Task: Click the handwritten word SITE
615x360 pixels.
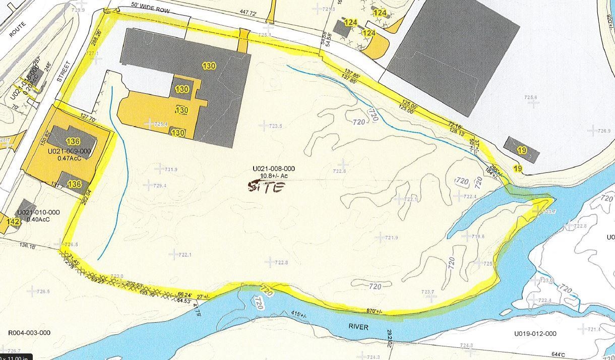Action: [x=266, y=187]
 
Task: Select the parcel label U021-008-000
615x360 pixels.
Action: [x=274, y=169]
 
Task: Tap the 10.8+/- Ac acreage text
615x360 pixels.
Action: [x=274, y=176]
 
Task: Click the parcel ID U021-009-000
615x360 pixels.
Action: [x=69, y=151]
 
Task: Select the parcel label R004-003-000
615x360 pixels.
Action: [x=29, y=333]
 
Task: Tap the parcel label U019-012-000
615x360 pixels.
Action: [x=535, y=334]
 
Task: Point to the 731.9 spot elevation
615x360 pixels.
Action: [x=171, y=169]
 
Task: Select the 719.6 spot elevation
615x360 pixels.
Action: [x=478, y=236]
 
